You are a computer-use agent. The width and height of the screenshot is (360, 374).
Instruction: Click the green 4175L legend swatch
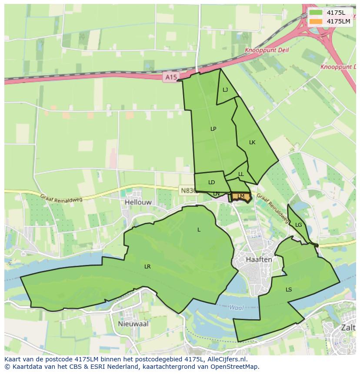[316, 13]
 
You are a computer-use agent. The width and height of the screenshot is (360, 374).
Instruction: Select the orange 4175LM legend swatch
[316, 21]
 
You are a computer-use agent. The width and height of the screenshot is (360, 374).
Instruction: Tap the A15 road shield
[171, 77]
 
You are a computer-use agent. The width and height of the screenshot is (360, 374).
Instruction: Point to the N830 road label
[187, 190]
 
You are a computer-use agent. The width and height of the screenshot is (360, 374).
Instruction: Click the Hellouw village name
[137, 202]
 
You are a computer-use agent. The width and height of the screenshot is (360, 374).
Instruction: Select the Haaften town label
[259, 259]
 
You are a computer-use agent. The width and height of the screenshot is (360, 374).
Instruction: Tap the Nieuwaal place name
[133, 324]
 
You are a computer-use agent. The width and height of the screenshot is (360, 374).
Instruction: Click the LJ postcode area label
[225, 90]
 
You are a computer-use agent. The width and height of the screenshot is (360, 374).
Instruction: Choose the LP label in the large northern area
[213, 129]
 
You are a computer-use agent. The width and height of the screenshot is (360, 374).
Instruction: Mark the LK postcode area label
[252, 142]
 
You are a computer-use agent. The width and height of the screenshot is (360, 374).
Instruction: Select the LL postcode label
[241, 174]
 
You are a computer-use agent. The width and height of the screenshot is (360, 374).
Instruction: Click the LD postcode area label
[211, 182]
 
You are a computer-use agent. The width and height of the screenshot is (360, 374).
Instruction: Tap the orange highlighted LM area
[241, 197]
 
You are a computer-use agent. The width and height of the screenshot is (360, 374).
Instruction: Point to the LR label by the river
[147, 266]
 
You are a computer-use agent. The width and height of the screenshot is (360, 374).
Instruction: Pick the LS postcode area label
[289, 289]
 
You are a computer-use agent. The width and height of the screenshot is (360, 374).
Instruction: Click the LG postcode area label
[298, 225]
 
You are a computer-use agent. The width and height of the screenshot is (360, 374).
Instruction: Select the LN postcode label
[216, 194]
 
